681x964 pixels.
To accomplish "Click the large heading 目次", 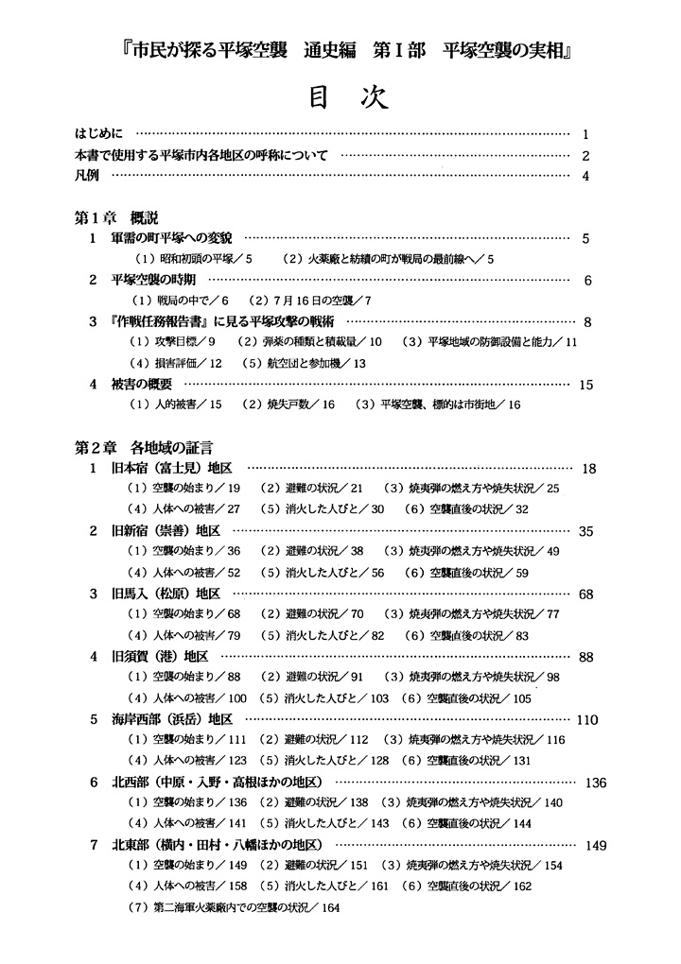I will pos(340,98).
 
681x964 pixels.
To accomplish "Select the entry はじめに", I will pos(104,134).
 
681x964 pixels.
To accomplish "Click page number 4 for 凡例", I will pos(586,176).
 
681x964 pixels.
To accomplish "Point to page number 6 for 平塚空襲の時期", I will pos(587,281).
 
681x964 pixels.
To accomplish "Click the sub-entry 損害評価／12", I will pos(175,364).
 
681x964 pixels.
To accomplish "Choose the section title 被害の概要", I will pos(143,385).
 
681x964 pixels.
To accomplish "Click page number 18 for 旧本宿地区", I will pos(589,469).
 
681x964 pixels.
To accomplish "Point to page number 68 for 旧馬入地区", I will pos(585,594).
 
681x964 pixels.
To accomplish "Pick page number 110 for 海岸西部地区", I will pos(586,719).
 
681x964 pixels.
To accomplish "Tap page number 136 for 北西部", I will pos(596,783).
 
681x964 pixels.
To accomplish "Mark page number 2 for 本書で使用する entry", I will pos(586,155).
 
